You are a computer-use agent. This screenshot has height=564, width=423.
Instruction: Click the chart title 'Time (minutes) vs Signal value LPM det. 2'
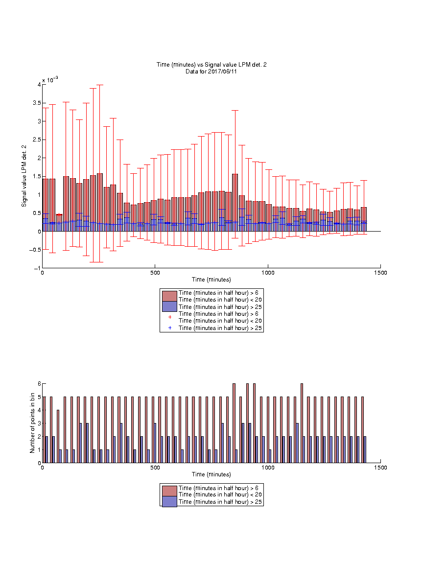(x=211, y=65)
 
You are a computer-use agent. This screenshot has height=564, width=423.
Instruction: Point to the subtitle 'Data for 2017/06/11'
(x=211, y=71)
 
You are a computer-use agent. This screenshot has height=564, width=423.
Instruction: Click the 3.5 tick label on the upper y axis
(x=37, y=103)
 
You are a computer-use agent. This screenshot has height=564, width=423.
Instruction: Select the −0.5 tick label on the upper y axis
(x=36, y=250)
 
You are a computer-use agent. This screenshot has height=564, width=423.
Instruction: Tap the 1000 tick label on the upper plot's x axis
(x=268, y=273)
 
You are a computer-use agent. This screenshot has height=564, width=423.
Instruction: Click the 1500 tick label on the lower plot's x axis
(x=380, y=468)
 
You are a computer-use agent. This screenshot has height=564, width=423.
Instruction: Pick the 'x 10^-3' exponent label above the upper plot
(x=50, y=79)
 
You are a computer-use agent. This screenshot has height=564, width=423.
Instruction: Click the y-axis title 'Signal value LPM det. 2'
(x=24, y=176)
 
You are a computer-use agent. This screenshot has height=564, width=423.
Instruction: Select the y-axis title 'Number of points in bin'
(x=32, y=423)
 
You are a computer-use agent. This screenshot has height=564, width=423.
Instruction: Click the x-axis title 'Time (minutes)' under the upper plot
(x=211, y=280)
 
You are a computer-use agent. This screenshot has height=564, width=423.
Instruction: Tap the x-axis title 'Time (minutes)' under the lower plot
(x=211, y=474)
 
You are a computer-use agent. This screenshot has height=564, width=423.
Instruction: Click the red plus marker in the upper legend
(x=170, y=317)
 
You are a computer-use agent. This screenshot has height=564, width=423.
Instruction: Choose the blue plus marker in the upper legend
(x=170, y=328)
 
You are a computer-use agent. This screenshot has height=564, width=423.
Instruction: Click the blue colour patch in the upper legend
(x=169, y=306)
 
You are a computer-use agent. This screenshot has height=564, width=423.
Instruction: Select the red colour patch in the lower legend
(x=169, y=491)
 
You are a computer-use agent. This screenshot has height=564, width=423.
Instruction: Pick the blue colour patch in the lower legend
(x=169, y=502)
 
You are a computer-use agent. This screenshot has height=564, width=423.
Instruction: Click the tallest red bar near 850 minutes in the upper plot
(x=235, y=203)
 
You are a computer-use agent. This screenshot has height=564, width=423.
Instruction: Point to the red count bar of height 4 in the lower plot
(x=58, y=436)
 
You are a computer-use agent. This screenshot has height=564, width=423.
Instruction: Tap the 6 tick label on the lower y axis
(x=40, y=384)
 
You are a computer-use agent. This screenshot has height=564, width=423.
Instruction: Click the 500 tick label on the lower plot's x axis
(x=155, y=468)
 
